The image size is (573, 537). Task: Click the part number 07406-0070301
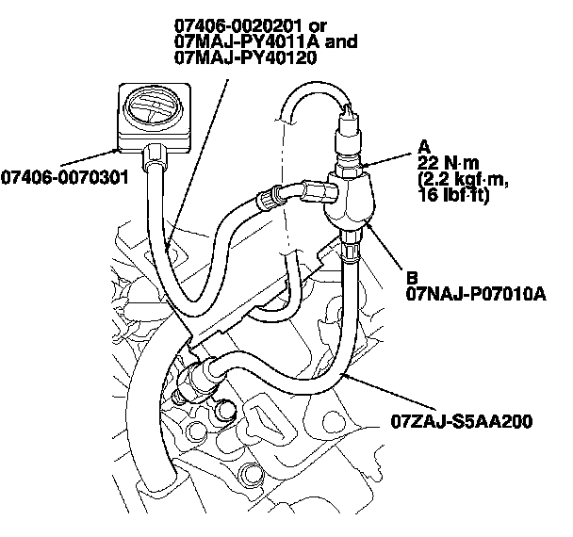[64, 176]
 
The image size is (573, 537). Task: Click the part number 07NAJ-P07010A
[476, 294]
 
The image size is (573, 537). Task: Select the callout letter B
[412, 278]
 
